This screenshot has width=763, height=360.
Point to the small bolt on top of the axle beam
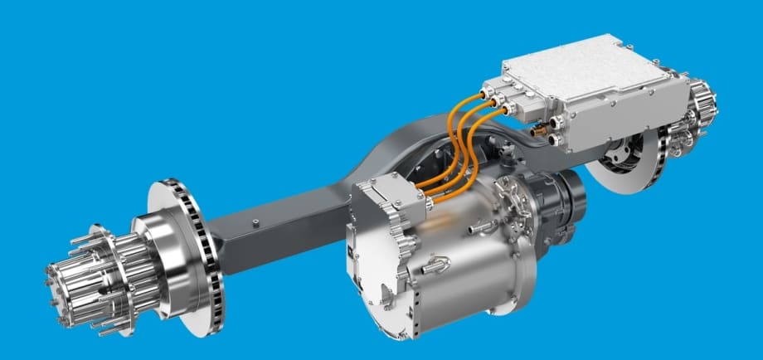pos(256,221)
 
